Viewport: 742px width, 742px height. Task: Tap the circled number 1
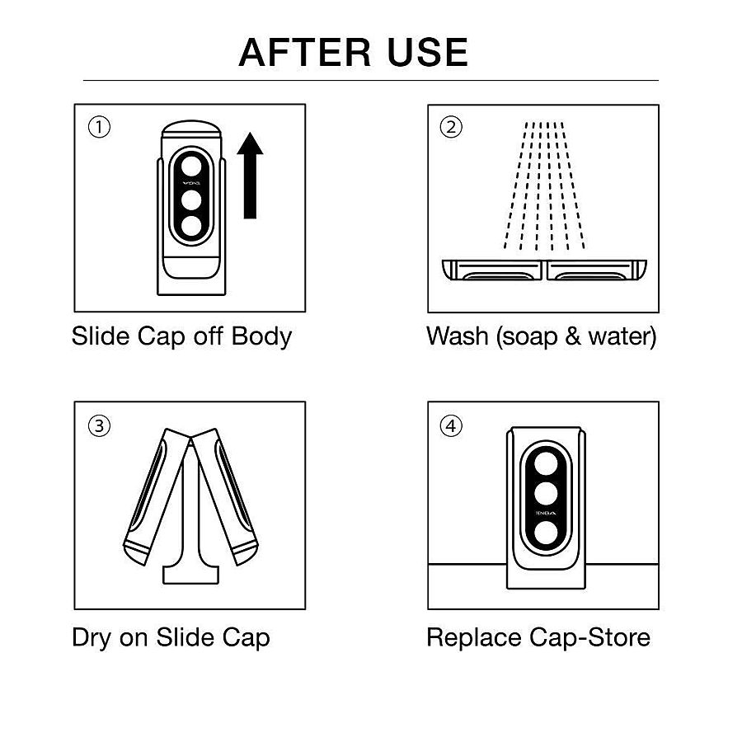tap(99, 128)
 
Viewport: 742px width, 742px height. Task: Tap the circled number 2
tap(451, 128)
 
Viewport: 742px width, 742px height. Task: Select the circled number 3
tap(99, 426)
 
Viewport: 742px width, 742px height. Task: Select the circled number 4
tap(451, 426)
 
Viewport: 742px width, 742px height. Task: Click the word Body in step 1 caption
tap(261, 336)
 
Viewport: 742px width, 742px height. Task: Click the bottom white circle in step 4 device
tap(543, 533)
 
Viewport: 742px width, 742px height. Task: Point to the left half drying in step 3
tap(153, 495)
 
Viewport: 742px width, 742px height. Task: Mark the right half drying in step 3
tap(228, 495)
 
